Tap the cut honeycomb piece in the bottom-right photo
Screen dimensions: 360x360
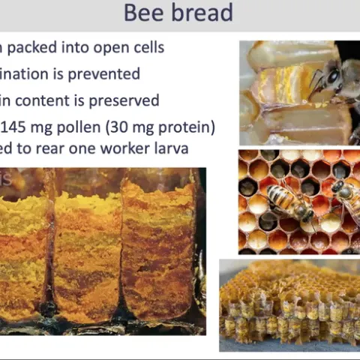(x=289, y=304)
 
